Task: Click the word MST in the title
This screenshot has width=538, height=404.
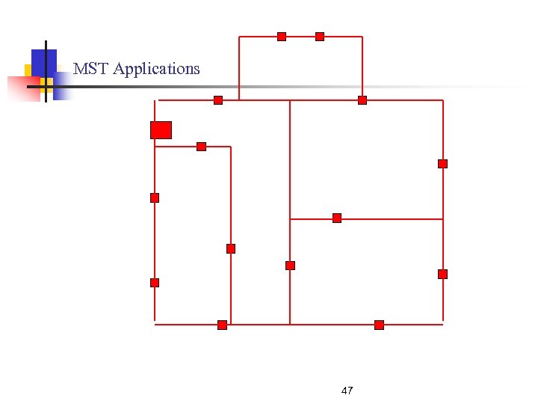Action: [x=89, y=69]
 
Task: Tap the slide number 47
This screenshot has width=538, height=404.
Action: [x=347, y=391]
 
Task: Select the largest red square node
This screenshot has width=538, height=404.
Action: [x=161, y=130]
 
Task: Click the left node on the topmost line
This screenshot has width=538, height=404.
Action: [x=282, y=37]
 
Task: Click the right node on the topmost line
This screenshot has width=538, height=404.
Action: [x=320, y=37]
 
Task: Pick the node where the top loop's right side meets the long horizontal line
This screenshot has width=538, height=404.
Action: [x=362, y=100]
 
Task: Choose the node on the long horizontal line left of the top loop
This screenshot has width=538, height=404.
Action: [x=218, y=100]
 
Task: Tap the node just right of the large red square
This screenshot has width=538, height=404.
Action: [x=201, y=147]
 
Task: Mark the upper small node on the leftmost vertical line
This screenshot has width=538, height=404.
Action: [x=155, y=198]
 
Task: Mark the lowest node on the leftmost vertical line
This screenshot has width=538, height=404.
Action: [x=155, y=283]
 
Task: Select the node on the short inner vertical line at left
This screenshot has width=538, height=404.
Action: [x=231, y=249]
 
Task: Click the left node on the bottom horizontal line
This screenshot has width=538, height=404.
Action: [x=222, y=325]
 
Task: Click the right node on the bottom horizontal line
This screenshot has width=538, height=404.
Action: [x=379, y=325]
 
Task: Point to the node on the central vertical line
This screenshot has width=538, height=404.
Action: [x=290, y=266]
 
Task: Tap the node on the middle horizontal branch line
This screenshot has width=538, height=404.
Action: [x=337, y=218]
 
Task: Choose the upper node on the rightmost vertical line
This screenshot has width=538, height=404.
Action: [x=442, y=164]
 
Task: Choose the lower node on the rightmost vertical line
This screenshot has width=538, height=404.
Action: [x=442, y=274]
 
